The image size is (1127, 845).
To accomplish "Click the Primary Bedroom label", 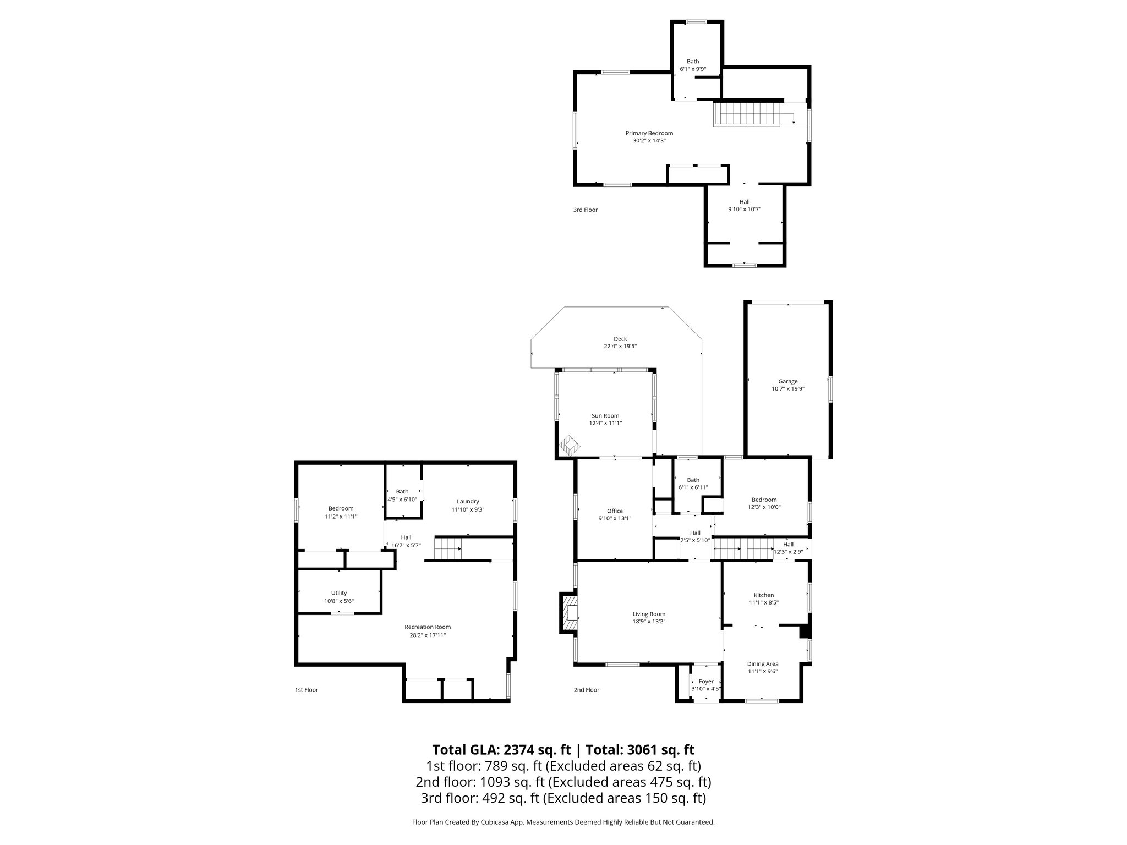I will (x=649, y=133).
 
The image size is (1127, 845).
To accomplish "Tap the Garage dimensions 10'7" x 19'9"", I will (x=787, y=388).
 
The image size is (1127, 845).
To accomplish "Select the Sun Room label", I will (x=605, y=416).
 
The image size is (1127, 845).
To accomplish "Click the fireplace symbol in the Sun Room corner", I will (x=570, y=446).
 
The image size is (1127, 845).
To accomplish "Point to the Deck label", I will (x=620, y=339).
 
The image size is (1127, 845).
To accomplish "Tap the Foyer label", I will (x=705, y=681).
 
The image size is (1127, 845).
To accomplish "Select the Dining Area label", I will (x=762, y=664).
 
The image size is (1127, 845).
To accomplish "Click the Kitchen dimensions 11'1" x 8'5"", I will (x=763, y=602).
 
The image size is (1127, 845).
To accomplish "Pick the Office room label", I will (x=615, y=511).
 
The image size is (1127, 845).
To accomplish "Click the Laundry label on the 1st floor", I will (x=468, y=501).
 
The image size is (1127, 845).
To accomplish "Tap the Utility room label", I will (x=339, y=593).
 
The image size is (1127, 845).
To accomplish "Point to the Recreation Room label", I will (x=428, y=627).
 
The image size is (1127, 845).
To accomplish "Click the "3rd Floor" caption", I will (x=585, y=210).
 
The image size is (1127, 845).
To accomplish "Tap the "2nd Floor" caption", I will (x=586, y=690).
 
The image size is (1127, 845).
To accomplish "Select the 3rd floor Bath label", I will (x=693, y=62).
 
